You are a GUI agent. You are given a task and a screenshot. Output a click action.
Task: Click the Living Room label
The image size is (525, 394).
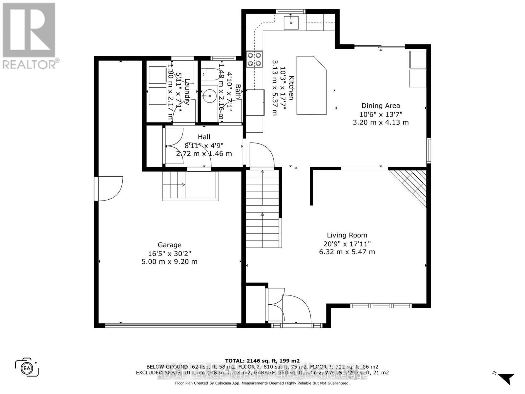coord(347,235)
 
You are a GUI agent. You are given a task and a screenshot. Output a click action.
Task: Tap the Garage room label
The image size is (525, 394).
coord(169,245)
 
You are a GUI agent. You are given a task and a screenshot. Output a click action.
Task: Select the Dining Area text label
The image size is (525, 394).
coord(381,106)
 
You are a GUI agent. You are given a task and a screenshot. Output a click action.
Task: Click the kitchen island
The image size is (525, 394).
coord(311,85)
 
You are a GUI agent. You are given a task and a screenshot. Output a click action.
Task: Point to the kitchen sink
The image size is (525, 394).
coord(291,22)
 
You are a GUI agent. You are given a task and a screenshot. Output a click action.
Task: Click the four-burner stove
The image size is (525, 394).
coord(255,59)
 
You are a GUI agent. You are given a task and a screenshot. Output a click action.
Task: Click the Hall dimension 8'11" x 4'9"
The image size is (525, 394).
coord(204,145)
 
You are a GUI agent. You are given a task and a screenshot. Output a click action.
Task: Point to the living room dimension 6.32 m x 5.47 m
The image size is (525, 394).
coord(347,252)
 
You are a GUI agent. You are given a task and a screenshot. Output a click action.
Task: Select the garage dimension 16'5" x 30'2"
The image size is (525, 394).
coord(169,253)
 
